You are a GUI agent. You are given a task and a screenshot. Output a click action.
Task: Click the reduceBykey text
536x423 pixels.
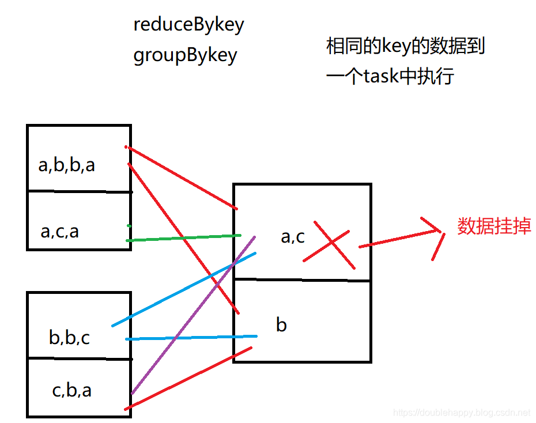coord(188,25)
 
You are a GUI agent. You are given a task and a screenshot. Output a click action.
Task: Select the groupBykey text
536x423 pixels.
coord(185,55)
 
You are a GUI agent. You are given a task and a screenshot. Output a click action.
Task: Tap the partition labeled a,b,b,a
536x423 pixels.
coord(67,165)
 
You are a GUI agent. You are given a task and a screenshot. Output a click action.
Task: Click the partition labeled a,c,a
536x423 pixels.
coord(60,231)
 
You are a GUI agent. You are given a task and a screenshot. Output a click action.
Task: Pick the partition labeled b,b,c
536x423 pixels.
coord(69,337)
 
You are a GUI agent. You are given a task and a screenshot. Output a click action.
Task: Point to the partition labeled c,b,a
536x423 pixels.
coord(71,390)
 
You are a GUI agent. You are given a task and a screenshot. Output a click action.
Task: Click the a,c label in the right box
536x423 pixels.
coord(293,236)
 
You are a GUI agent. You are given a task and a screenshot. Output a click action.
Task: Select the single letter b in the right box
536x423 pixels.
coord(281,325)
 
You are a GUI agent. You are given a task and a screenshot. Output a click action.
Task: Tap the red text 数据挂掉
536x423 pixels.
coord(494,226)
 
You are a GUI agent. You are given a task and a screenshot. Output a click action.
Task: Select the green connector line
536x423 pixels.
coord(183,237)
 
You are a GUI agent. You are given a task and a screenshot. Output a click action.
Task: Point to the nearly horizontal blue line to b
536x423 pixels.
coord(190,337)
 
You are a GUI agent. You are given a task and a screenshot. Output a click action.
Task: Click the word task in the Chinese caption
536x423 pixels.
coord(381,76)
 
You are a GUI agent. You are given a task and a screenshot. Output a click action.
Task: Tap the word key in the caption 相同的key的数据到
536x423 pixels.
coord(397,46)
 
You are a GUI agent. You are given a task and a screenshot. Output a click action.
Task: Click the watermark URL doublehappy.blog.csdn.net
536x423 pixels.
coord(461,413)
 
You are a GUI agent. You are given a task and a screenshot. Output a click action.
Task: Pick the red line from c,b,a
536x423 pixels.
coord(188,378)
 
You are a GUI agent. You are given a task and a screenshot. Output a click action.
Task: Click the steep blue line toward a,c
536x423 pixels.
coord(184,289)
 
